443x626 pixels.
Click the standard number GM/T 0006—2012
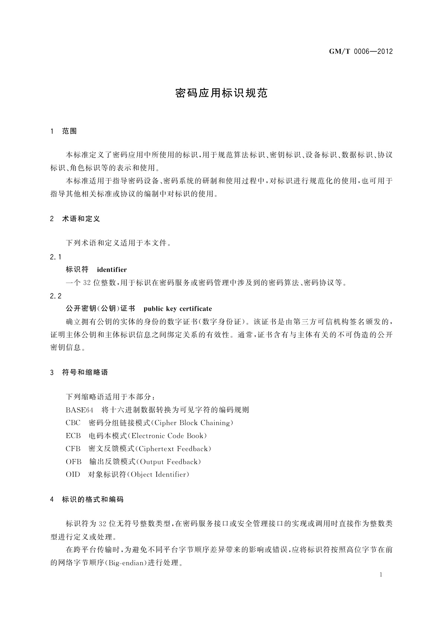pyautogui.click(x=360, y=52)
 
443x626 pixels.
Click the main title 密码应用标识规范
pyautogui.click(x=221, y=93)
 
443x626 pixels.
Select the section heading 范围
pyautogui.click(x=70, y=131)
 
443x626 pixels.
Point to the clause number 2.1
pyautogui.click(x=55, y=257)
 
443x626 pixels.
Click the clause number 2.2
pyautogui.click(x=55, y=296)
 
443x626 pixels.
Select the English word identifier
pyautogui.click(x=112, y=270)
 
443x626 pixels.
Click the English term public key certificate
pyautogui.click(x=177, y=309)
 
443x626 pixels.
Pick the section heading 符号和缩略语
pyautogui.click(x=85, y=372)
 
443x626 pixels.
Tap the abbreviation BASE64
pyautogui.click(x=79, y=410)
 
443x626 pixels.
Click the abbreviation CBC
pyautogui.click(x=73, y=423)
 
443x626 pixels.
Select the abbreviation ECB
pyautogui.click(x=73, y=436)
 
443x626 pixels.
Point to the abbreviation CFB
pyautogui.click(x=73, y=449)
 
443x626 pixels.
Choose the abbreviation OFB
pyautogui.click(x=73, y=462)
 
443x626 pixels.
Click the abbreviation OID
pyautogui.click(x=73, y=474)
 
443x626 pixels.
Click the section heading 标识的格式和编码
pyautogui.click(x=92, y=500)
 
